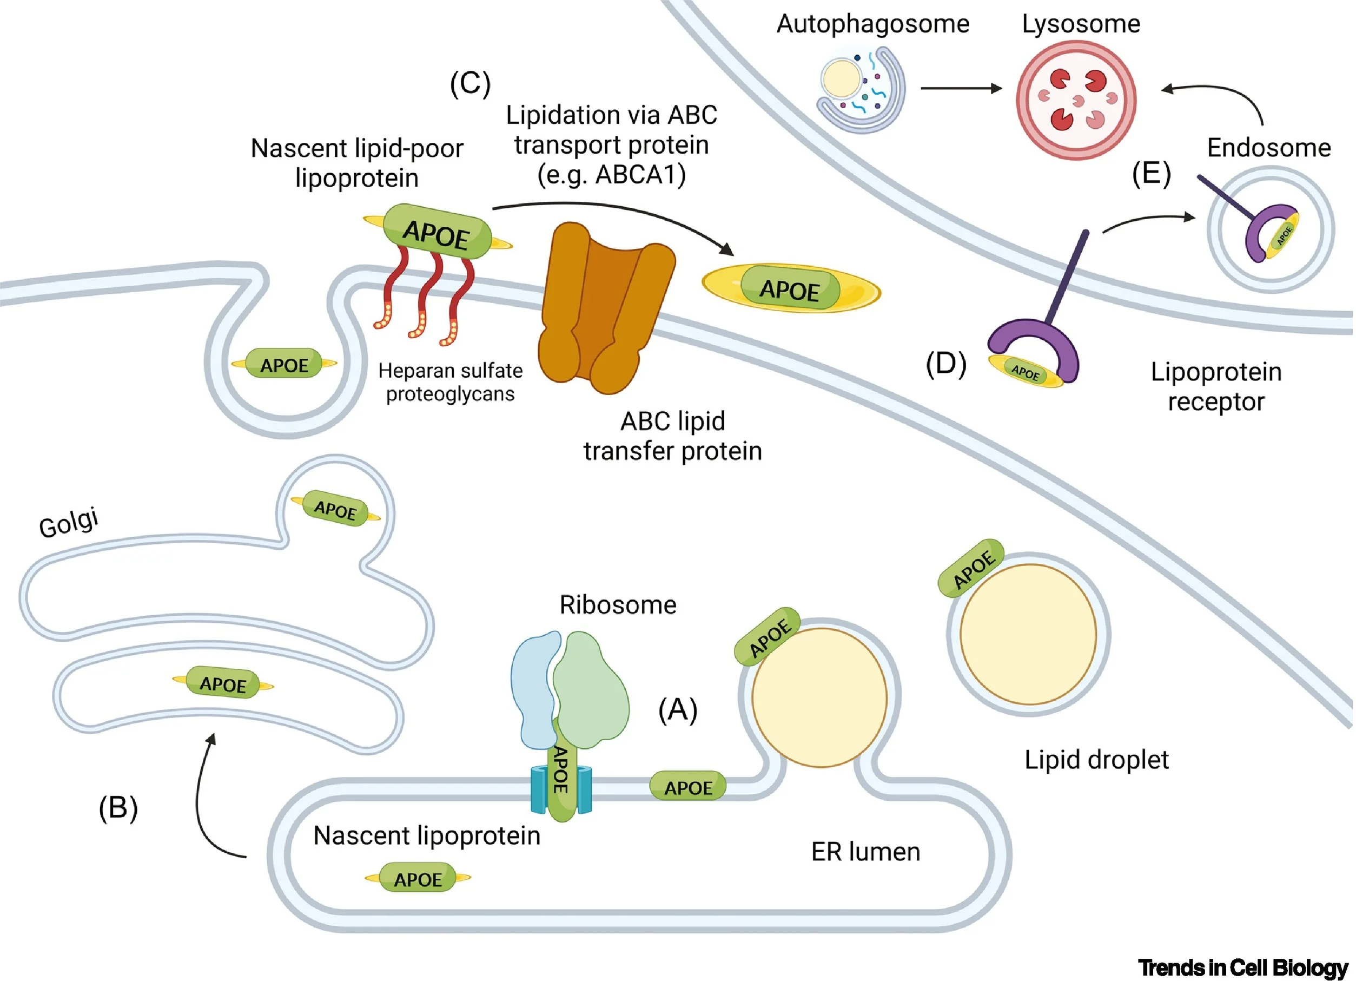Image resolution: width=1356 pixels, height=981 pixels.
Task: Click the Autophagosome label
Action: coord(872,24)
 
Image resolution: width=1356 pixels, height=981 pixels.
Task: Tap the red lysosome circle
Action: coord(1076,100)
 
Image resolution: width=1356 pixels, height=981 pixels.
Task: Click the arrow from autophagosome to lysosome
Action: coord(961,89)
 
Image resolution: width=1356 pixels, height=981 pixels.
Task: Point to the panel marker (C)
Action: coord(470,83)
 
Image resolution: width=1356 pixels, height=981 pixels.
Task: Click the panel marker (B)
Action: coord(118,808)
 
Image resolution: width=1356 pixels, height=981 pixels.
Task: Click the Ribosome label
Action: coord(618,605)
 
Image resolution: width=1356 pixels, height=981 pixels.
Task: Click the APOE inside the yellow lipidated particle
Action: coord(790,289)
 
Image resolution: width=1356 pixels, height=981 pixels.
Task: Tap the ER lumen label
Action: coord(865,852)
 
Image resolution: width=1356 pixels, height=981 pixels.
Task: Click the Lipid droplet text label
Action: coord(1096,760)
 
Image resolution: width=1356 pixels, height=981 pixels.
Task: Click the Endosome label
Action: coord(1269,148)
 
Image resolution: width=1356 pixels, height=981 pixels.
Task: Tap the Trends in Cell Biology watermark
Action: coord(1243,967)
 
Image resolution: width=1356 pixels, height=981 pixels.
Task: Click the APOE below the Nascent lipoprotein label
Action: coord(418,879)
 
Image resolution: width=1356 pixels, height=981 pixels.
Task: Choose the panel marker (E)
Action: coord(1151,174)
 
